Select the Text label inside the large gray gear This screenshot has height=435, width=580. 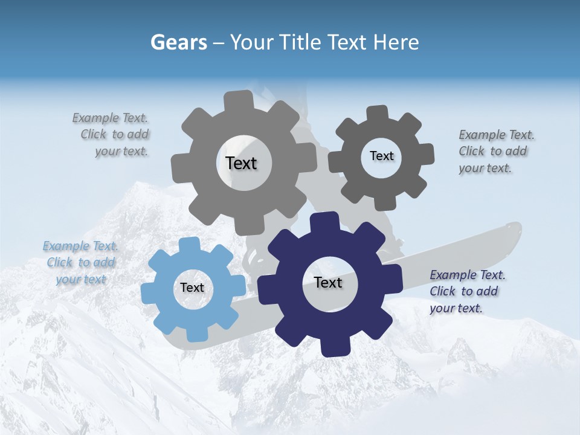241,163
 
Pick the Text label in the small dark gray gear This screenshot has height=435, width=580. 381,156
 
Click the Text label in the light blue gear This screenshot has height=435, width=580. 192,288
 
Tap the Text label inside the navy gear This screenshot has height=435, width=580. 328,283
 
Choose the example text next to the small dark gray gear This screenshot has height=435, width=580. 495,152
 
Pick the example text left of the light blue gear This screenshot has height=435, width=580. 80,262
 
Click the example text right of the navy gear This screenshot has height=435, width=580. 466,291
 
